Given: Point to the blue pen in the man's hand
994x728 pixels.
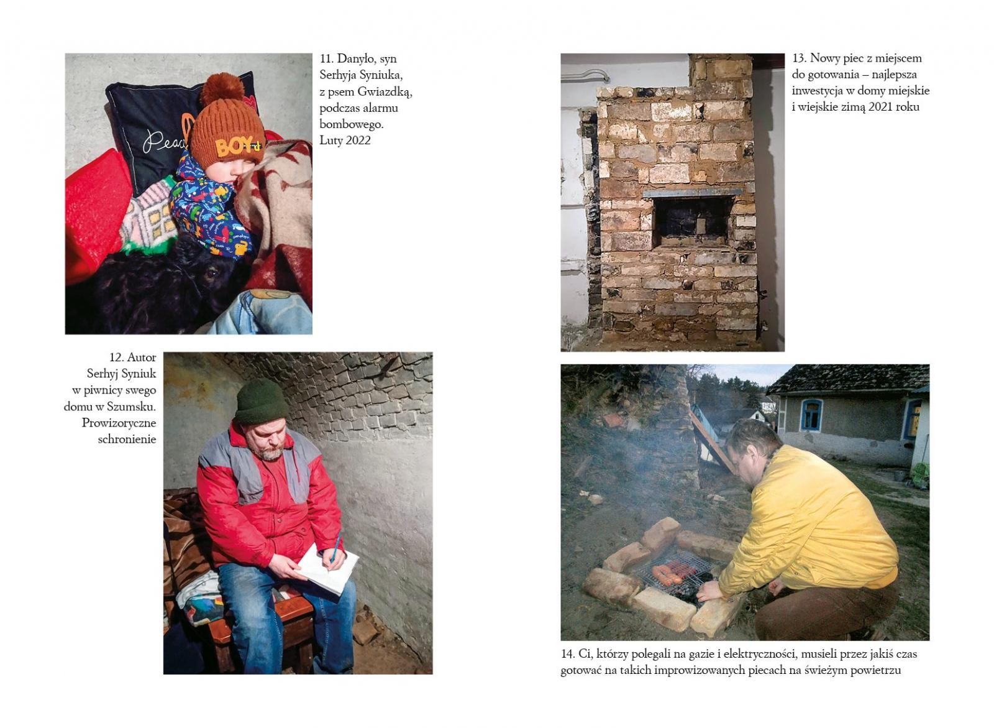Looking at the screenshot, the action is coord(335,548).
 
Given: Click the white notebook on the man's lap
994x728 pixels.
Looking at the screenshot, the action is coord(327,568).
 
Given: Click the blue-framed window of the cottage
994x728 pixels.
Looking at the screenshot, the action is coord(811,415).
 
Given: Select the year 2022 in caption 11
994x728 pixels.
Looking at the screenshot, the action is coord(358,141).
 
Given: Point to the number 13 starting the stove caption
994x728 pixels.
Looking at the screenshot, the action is coord(799,58).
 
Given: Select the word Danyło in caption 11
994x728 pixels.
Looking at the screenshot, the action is coord(357,59).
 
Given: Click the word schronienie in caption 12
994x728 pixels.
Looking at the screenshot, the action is coord(127,440).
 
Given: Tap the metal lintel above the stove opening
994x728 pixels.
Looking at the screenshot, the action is coord(692,192).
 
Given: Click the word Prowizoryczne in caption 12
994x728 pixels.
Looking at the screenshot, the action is coord(119,423).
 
